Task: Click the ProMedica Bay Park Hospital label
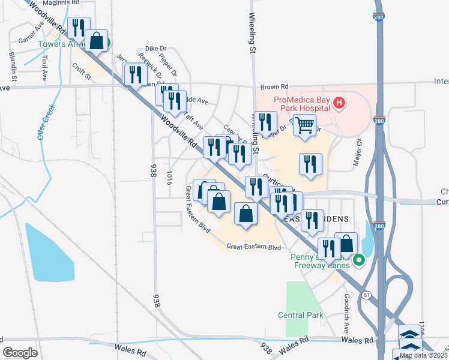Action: (301, 103)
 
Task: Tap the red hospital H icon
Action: (339, 103)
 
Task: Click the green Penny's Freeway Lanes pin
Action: (359, 260)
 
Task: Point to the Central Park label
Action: (301, 315)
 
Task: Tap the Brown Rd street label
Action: (275, 86)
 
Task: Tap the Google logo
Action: (19, 353)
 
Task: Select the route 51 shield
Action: (366, 294)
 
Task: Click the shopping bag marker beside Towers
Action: (96, 41)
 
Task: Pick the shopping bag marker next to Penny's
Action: (346, 244)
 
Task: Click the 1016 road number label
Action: (170, 178)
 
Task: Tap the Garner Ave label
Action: (32, 35)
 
